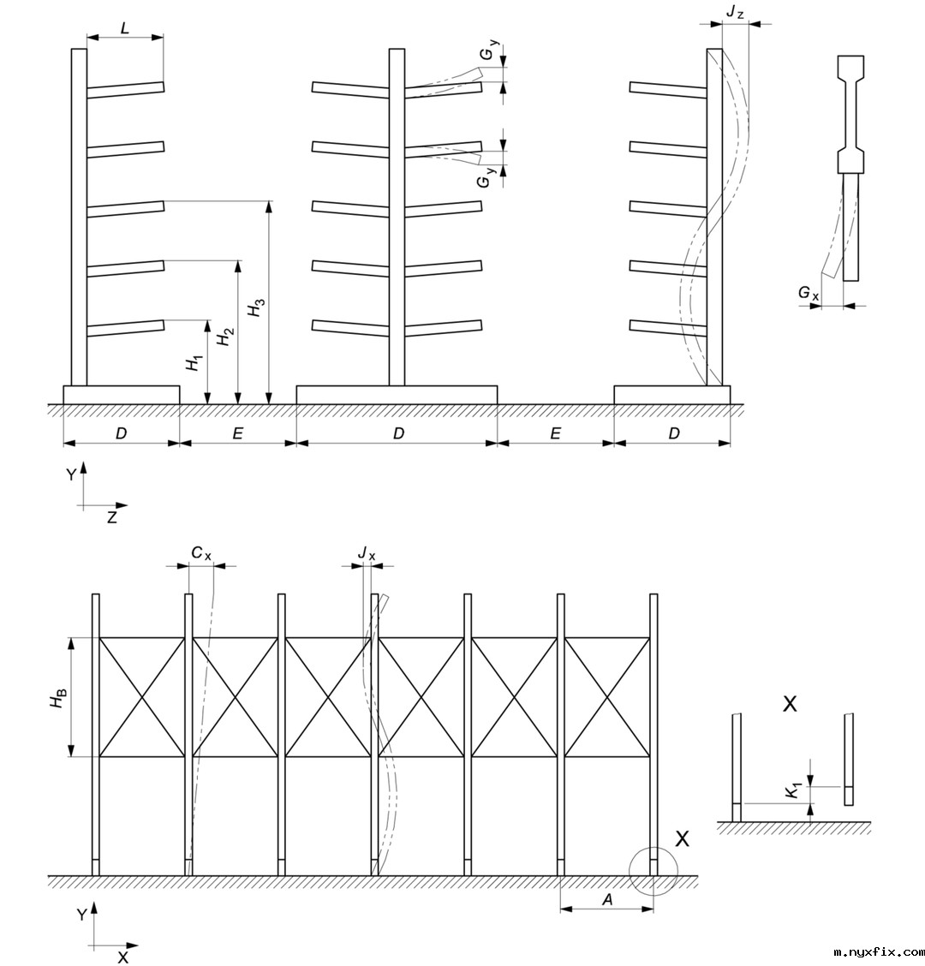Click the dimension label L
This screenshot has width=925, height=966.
coord(125,27)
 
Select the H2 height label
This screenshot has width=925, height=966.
coord(225,337)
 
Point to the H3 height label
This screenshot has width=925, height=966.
coord(257,308)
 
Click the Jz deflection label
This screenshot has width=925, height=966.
coord(734,13)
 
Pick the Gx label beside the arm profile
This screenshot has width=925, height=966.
coord(808,294)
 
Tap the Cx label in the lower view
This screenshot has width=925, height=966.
coord(201,554)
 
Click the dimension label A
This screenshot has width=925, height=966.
coord(607,899)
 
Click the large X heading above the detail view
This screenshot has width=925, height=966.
coord(791,704)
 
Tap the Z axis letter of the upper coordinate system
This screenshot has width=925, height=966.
coord(112,518)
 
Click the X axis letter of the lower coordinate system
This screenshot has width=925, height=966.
coord(123,957)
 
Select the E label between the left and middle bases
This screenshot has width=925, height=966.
coord(238,433)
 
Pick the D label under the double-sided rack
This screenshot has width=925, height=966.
coord(397,433)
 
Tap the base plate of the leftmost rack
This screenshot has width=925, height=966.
coord(122,395)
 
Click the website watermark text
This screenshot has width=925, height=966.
coord(879,951)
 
